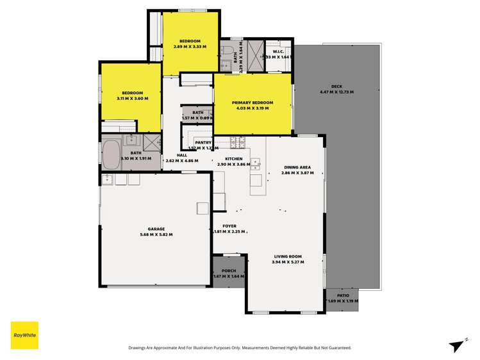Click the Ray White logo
pyautogui.click(x=24, y=335)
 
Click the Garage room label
pyautogui.click(x=157, y=229)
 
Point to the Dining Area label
pyautogui.click(x=297, y=168)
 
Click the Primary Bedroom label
pyautogui.click(x=253, y=102)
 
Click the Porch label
pyautogui.click(x=229, y=271)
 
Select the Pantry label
pyautogui.click(x=204, y=142)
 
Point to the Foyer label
pyautogui.click(x=229, y=226)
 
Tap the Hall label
pyautogui.click(x=182, y=156)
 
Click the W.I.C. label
pyautogui.click(x=278, y=51)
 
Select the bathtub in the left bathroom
pyautogui.click(x=112, y=154)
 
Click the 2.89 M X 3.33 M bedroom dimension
pyautogui.click(x=190, y=46)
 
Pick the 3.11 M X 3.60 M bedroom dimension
pyautogui.click(x=133, y=98)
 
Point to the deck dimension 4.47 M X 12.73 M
pyautogui.click(x=337, y=92)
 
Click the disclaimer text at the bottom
pyautogui.click(x=240, y=348)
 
